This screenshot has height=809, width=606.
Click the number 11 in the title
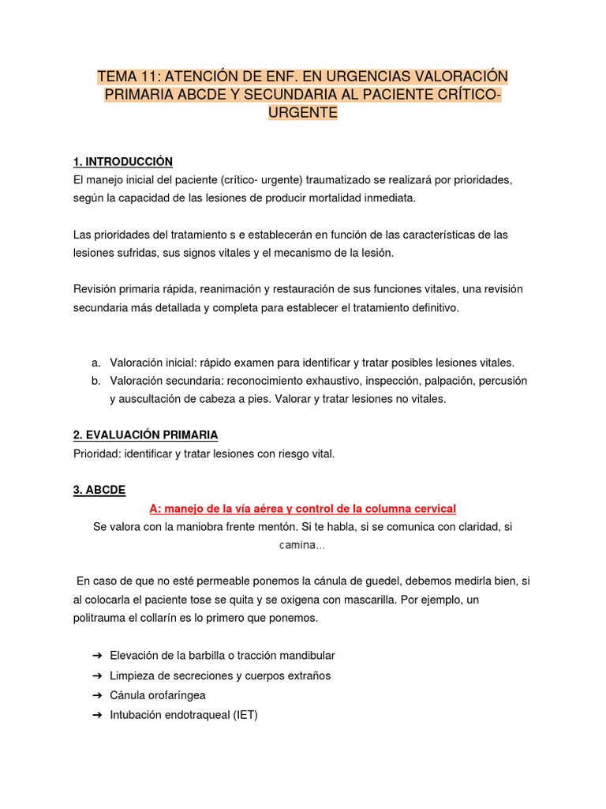coord(151,77)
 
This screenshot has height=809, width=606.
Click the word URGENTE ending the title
coord(303,113)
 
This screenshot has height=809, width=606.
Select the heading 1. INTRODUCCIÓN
coord(122,162)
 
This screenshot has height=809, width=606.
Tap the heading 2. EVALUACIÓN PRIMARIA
coord(145,435)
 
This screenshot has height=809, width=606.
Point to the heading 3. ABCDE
coord(99,490)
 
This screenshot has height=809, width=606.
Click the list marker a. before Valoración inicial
coord(95,363)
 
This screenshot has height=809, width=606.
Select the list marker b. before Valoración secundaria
coord(95,381)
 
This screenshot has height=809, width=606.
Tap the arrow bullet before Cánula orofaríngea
coord(97,695)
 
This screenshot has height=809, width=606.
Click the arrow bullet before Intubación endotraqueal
coord(97,715)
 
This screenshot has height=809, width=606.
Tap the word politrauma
coord(101,618)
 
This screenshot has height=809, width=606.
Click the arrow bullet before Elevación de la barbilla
coord(97,656)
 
